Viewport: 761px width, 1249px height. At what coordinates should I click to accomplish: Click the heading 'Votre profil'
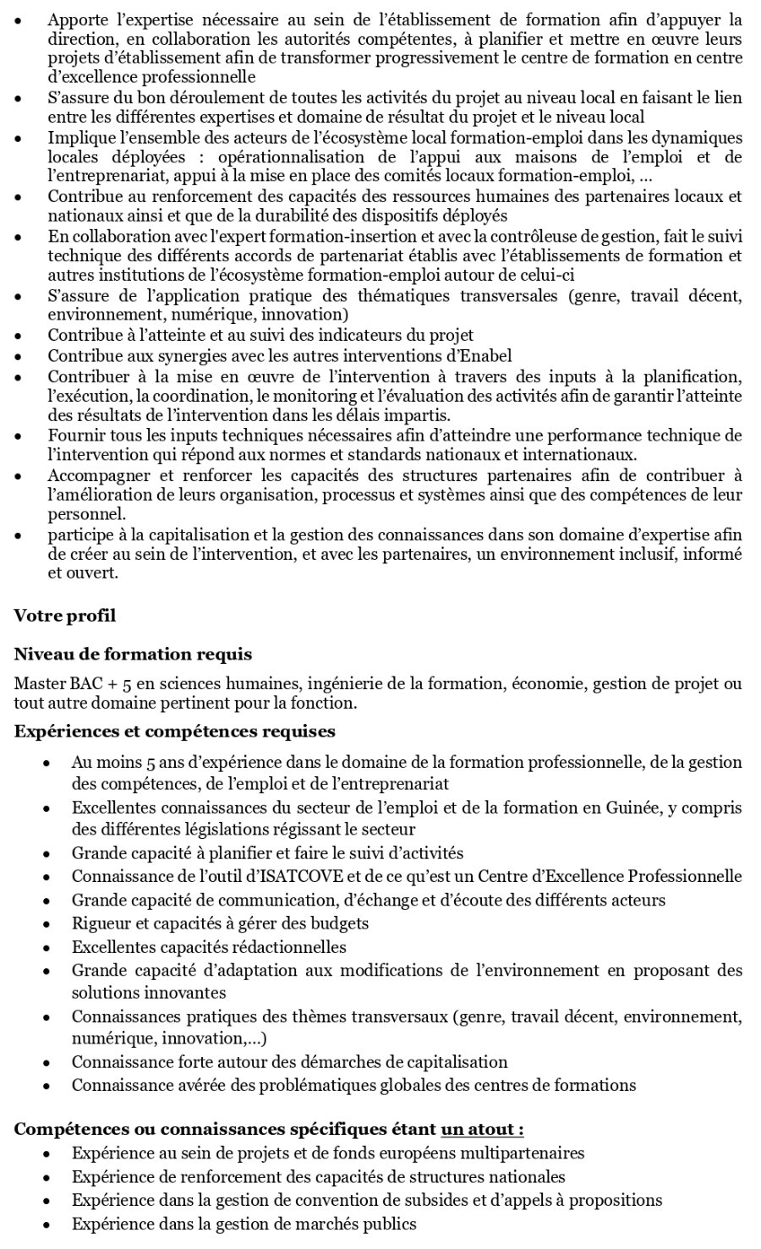[x=64, y=615]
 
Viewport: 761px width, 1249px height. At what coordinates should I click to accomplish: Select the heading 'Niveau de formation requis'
[x=133, y=654]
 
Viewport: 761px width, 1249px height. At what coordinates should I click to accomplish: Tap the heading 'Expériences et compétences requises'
[x=174, y=731]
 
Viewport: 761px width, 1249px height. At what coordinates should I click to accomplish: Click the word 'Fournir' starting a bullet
[x=73, y=436]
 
